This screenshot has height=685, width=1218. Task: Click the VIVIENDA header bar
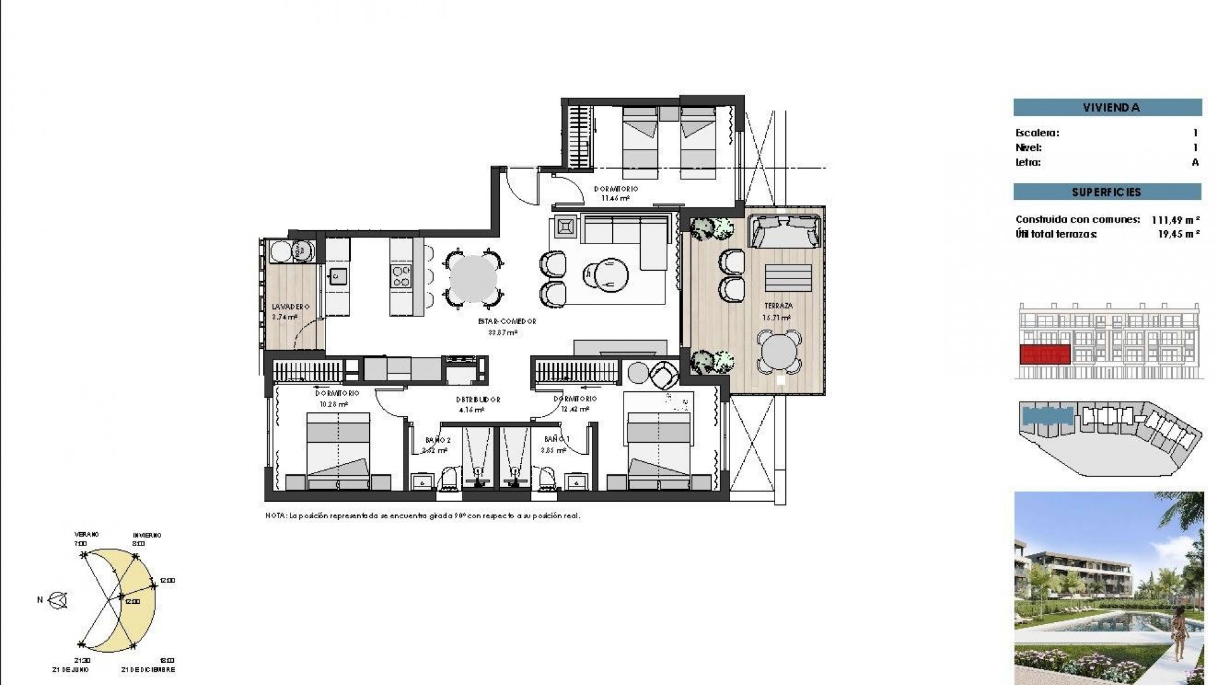(x=1108, y=107)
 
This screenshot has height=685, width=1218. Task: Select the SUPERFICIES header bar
(x=1107, y=192)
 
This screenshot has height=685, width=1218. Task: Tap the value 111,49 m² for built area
(x=1175, y=220)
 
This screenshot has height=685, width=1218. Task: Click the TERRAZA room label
(x=778, y=306)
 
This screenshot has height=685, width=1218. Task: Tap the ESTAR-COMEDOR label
(x=507, y=322)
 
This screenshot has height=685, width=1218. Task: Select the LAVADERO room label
(x=290, y=306)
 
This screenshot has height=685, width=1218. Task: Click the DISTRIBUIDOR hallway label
(x=478, y=400)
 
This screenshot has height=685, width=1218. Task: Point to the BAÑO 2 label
(x=438, y=440)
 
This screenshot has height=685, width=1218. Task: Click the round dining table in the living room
(x=473, y=278)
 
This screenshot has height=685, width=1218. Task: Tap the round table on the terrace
(x=778, y=350)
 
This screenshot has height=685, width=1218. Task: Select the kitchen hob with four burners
(x=401, y=277)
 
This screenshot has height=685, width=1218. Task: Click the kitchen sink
(x=337, y=276)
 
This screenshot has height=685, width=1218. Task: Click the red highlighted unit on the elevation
(x=1044, y=355)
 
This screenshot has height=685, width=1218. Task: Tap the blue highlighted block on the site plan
(x=1046, y=416)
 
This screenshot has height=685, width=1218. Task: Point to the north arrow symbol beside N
(x=59, y=600)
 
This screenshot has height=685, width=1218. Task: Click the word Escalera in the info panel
(x=1037, y=133)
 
